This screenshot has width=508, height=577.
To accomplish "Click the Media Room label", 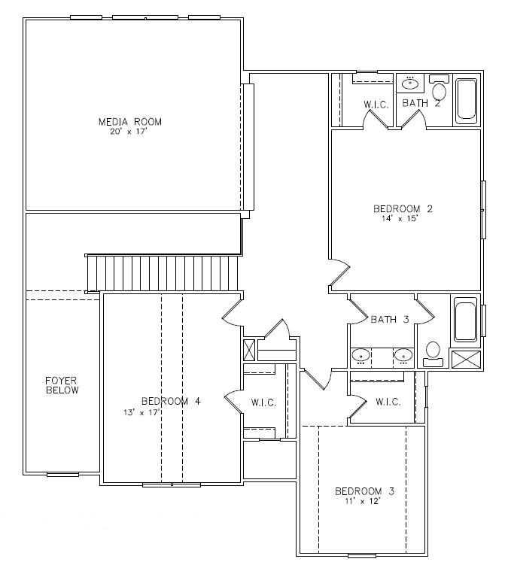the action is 130,122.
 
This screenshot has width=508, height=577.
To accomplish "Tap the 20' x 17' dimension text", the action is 129,132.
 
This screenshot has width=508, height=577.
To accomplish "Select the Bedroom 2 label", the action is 403,209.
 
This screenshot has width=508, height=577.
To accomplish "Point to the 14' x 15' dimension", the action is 400,219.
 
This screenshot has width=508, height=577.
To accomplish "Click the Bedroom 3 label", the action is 364,491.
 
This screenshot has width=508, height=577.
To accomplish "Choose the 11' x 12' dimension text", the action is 363,501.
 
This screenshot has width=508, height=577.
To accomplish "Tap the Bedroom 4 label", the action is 171,401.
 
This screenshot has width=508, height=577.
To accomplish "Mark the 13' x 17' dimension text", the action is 141,412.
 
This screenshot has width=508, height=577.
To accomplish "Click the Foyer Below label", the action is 62,385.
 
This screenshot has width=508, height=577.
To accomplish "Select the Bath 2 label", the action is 421,103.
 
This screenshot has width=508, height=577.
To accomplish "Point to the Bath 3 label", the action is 390,320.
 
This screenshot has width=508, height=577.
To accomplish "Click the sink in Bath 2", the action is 410,84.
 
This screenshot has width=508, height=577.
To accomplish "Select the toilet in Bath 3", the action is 433,354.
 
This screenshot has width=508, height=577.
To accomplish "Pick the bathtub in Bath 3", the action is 466,322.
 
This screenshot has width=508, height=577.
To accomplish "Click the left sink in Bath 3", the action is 360,357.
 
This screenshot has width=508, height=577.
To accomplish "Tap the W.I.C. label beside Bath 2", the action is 376,105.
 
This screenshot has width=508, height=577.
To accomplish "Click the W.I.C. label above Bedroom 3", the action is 388,402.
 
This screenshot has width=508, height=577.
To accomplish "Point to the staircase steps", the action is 163,274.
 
